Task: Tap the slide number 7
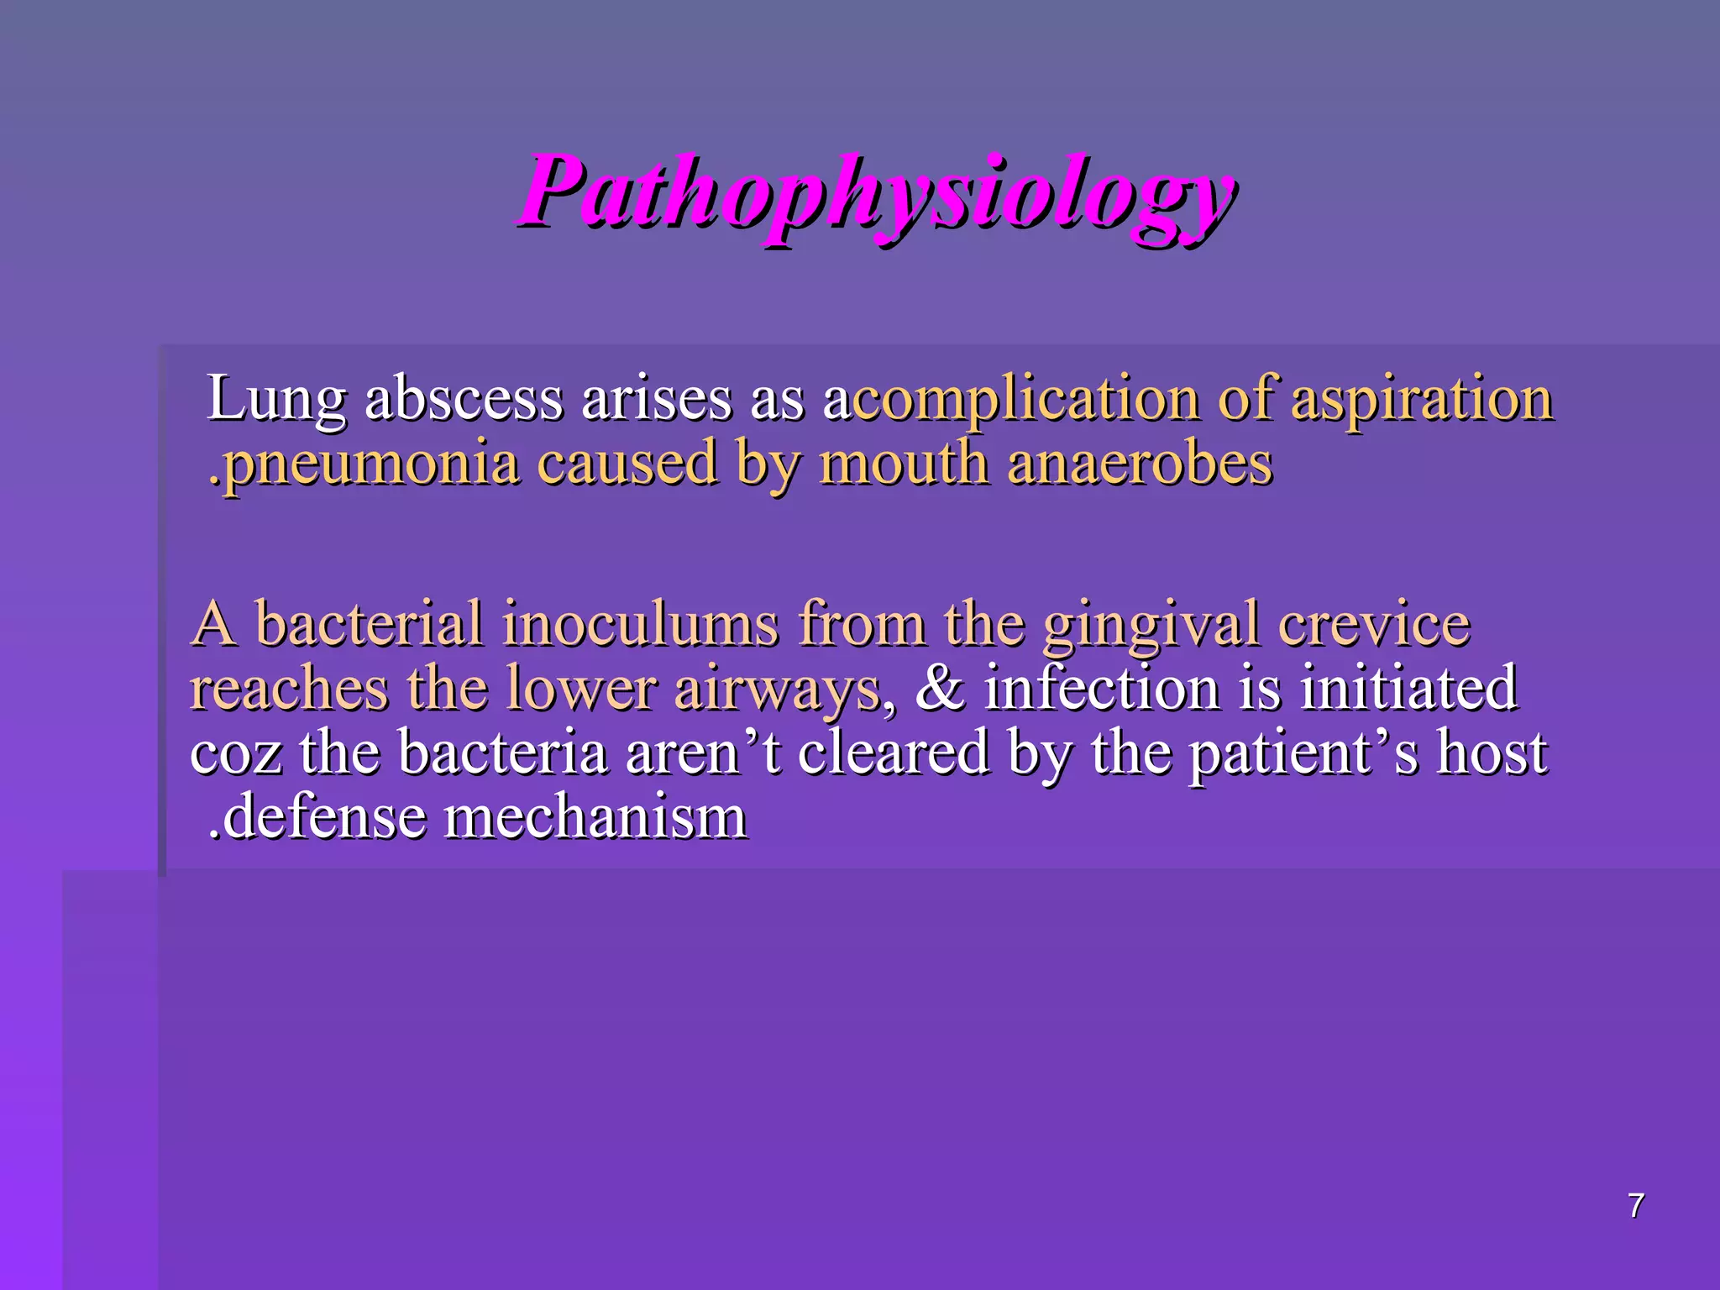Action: coord(1635,1206)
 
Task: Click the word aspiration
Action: coord(1422,400)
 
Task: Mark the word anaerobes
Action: coord(1140,464)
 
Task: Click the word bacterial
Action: coord(370,624)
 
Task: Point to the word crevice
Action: coord(1375,624)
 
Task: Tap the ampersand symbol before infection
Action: coord(941,688)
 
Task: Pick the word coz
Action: coord(235,753)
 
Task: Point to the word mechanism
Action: coord(595,817)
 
